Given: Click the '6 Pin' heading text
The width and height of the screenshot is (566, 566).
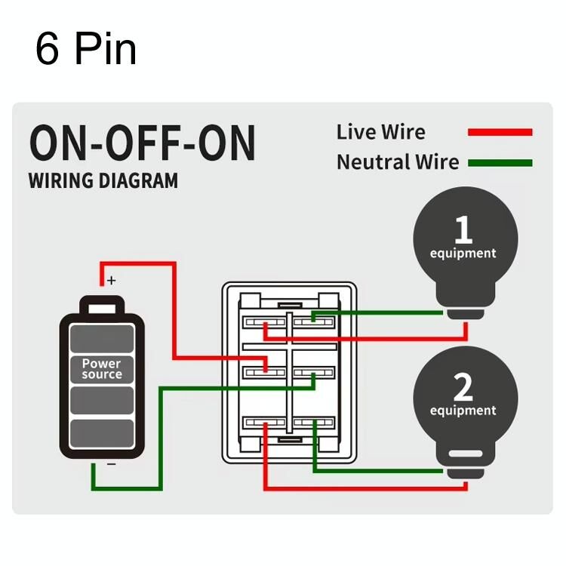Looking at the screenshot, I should click(x=85, y=49).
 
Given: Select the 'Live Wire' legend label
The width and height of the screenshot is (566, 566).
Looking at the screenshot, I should click(x=380, y=132).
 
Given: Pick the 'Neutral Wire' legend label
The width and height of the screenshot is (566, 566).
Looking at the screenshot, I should click(x=397, y=162).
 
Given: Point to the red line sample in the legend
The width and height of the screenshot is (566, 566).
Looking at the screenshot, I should click(x=500, y=132).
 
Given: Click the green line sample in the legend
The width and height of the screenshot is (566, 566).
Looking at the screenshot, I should click(x=500, y=162).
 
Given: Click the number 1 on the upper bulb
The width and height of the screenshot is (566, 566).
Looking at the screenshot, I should click(x=463, y=229).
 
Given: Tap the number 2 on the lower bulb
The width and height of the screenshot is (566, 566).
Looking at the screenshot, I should click(x=463, y=387).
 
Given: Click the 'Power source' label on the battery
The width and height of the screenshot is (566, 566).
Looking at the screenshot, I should click(x=101, y=369).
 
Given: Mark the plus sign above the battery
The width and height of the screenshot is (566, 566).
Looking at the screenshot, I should click(x=112, y=281).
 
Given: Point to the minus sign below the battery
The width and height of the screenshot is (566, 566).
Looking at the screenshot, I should click(x=112, y=463).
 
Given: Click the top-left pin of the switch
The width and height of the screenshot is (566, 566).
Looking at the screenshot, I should click(x=264, y=323).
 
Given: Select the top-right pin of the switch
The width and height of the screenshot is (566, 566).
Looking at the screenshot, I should click(x=314, y=322).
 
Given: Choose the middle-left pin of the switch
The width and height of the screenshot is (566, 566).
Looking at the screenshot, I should click(x=264, y=372).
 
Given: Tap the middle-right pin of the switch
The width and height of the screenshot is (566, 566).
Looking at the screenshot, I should click(x=314, y=372).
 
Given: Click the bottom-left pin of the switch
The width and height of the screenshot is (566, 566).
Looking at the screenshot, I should click(x=264, y=423).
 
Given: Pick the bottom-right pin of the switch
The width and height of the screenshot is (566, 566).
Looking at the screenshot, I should click(x=314, y=423).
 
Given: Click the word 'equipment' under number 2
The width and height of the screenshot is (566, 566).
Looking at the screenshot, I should click(x=463, y=411).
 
